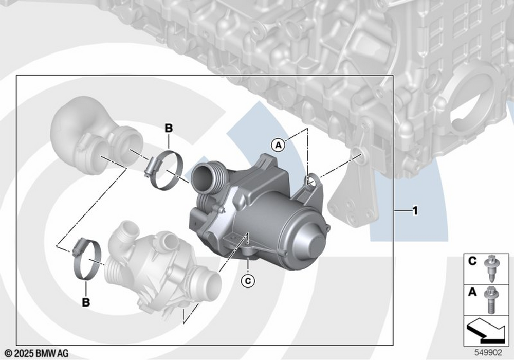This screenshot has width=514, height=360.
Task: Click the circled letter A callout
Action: pos(278,145)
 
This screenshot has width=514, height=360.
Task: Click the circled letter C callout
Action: pos(248,281)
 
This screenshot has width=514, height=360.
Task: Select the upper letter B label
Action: pos(169,128)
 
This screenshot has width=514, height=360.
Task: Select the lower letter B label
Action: pos(86,302)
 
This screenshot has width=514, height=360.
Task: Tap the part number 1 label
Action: pos(415,211)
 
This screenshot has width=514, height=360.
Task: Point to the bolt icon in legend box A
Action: pos(490,300)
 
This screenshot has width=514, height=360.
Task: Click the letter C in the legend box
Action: pos(472,261)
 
